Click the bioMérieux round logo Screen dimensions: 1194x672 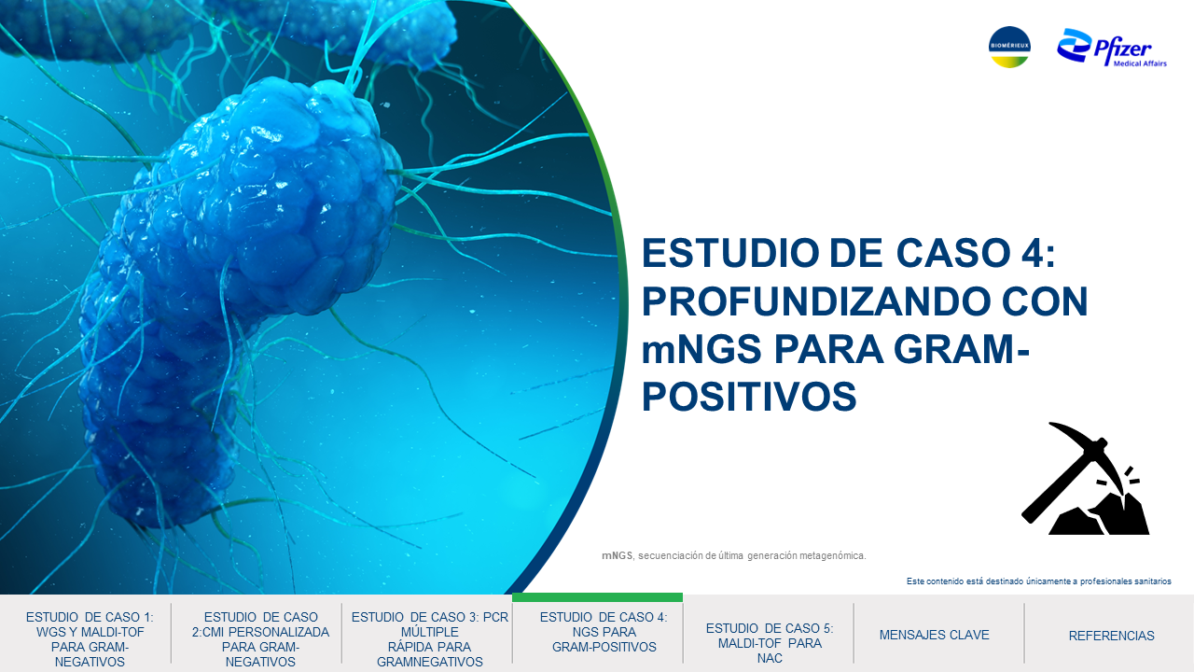click(1009, 47)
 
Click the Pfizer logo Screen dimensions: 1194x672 click(1112, 48)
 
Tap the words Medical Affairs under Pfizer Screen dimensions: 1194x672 click(1140, 63)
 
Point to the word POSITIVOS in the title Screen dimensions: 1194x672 click(749, 397)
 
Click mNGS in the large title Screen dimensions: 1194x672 click(701, 349)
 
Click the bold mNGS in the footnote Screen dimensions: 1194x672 click(618, 555)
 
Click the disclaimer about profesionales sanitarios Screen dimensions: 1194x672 click(1039, 581)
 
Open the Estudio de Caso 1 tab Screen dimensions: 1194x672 click(90, 639)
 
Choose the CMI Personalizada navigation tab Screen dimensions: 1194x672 click(260, 639)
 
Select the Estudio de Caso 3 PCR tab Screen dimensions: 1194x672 click(430, 639)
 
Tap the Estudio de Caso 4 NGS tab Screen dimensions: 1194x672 click(604, 632)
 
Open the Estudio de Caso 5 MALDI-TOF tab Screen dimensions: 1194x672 click(770, 643)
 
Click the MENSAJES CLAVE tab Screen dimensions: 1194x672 click(934, 636)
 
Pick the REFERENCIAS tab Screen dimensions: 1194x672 click(1111, 636)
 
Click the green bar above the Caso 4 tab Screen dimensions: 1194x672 click(597, 597)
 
